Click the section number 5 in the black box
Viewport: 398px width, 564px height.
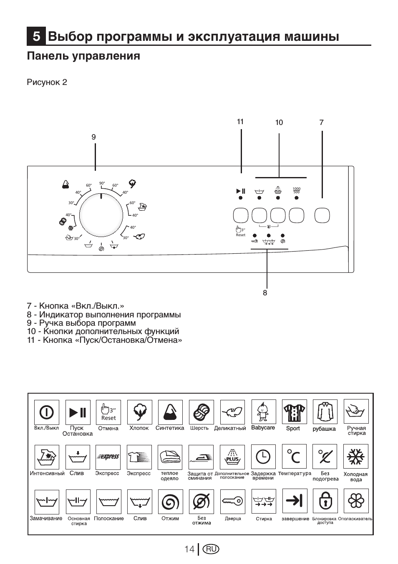[x=36, y=37]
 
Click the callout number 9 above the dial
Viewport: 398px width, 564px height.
[x=94, y=137]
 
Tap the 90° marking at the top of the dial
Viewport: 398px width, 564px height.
[x=102, y=183]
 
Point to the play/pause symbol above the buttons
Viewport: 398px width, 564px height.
[x=241, y=191]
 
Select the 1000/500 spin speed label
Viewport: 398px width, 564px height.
[x=297, y=190]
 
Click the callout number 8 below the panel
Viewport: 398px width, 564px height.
[x=265, y=293]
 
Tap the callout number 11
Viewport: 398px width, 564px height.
[x=240, y=122]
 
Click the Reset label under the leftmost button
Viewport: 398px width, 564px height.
[x=241, y=235]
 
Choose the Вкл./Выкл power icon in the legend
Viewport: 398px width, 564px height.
[x=46, y=412]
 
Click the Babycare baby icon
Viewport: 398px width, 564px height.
[x=263, y=412]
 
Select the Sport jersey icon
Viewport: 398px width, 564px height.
[x=294, y=412]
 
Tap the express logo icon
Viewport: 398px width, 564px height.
[x=108, y=457]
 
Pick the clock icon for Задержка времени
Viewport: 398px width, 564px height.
[x=263, y=457]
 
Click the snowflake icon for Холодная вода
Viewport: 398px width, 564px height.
[x=356, y=457]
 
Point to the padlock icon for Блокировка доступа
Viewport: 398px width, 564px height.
[x=325, y=501]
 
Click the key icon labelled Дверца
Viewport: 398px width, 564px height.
[x=232, y=501]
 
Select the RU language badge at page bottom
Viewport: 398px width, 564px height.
[x=211, y=549]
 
